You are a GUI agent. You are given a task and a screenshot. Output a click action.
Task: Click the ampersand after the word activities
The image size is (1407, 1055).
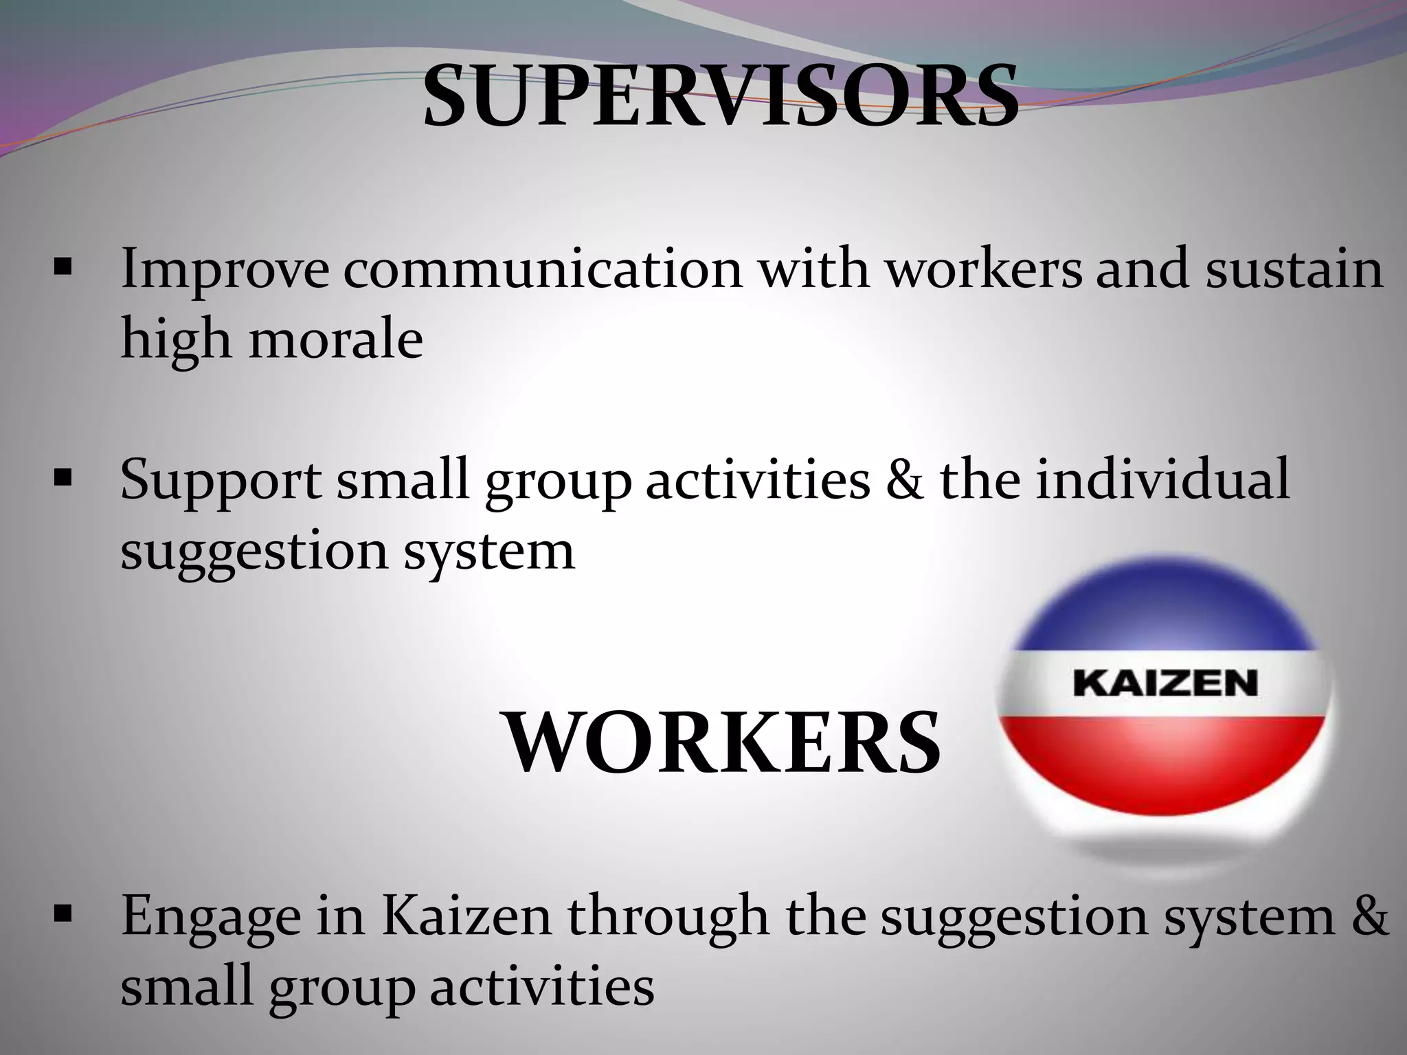905,479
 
